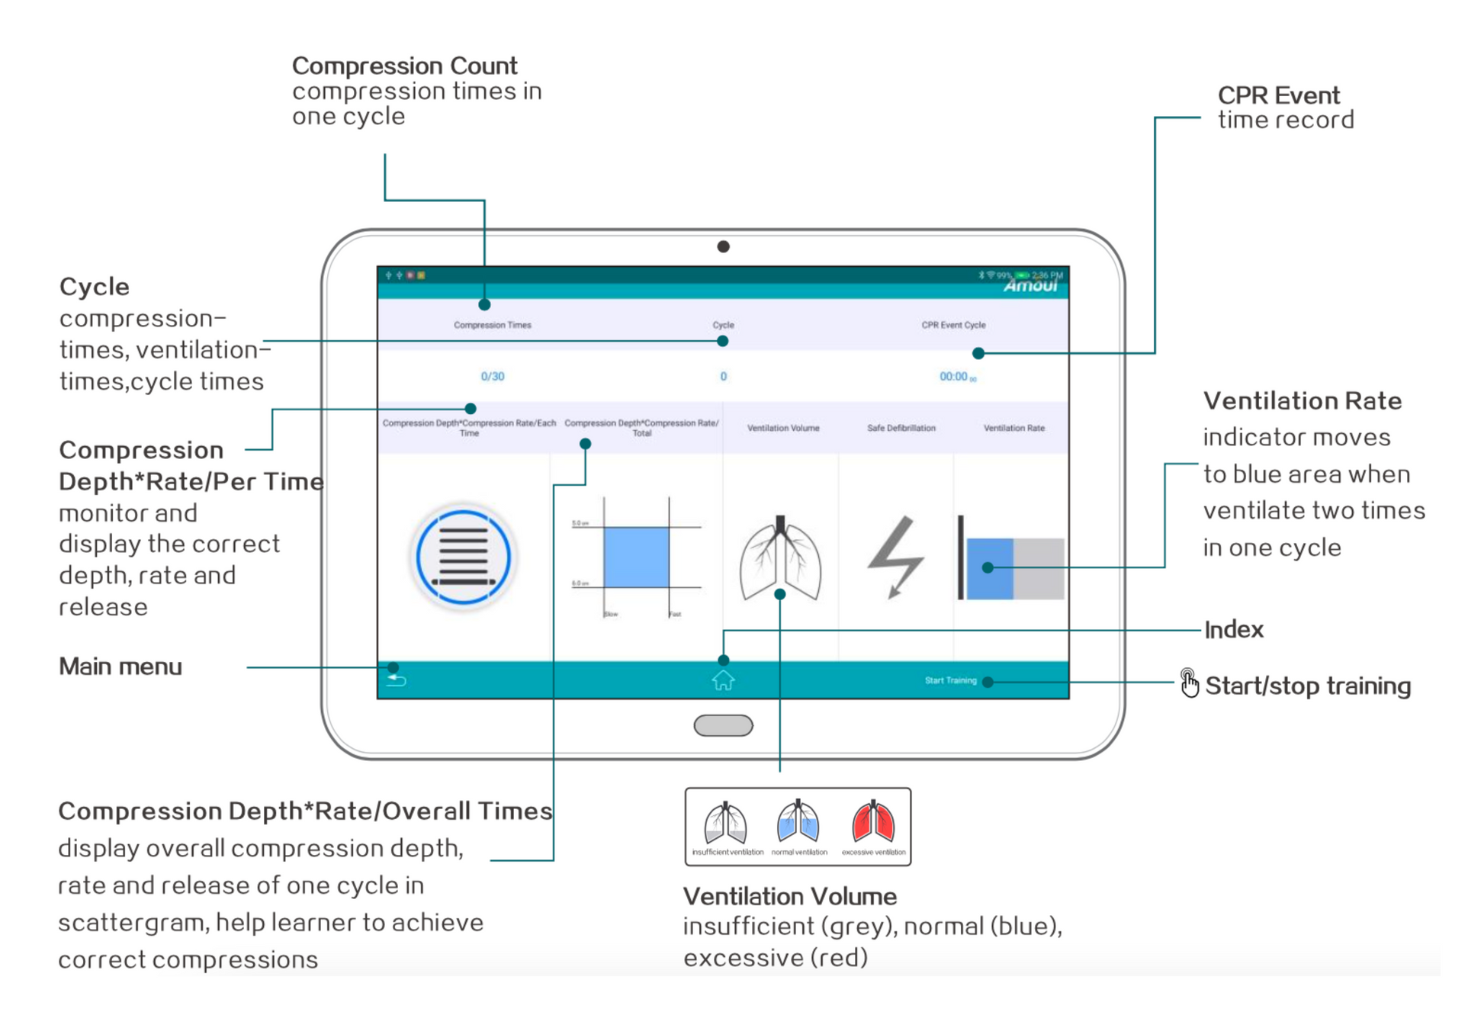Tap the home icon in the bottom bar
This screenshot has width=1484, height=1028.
[723, 679]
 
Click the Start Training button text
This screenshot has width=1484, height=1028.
[950, 680]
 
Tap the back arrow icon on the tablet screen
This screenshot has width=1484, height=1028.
[397, 679]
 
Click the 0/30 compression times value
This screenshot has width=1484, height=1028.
[492, 376]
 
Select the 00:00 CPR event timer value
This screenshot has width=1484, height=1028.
[953, 376]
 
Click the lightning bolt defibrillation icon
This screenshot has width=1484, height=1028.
[895, 557]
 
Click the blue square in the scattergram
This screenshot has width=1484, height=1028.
[636, 557]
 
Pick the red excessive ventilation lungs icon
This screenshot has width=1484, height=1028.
[873, 823]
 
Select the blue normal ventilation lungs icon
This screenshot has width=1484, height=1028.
[798, 823]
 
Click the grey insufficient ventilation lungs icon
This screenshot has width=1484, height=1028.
[726, 823]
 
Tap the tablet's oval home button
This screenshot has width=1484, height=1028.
[723, 725]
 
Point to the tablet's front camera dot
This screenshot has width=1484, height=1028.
[723, 246]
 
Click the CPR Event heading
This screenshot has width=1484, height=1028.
[1278, 95]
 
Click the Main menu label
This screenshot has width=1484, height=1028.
[120, 667]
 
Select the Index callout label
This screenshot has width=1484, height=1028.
[1233, 630]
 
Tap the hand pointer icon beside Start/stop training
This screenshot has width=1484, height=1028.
[1189, 683]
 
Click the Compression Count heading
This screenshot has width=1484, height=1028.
[404, 66]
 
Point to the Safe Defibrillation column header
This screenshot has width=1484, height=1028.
[901, 428]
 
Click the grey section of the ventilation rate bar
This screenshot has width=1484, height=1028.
[1039, 568]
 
